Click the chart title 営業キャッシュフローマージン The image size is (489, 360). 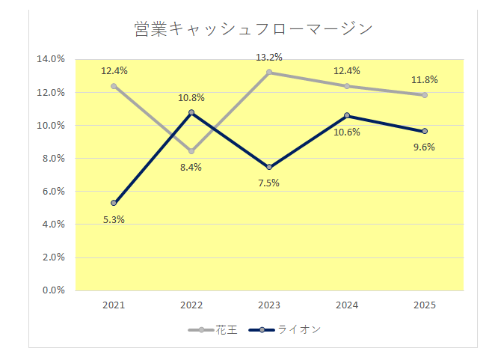click(253, 29)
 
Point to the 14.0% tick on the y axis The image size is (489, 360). click(51, 59)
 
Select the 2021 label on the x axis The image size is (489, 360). click(114, 305)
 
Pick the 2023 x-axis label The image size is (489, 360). click(269, 305)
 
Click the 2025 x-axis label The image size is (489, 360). click(425, 305)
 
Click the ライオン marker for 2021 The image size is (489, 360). click(114, 203)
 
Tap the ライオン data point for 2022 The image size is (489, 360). click(191, 112)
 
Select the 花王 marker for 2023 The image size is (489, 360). click(269, 73)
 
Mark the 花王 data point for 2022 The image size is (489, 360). click(191, 151)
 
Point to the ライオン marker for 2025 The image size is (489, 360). click(425, 131)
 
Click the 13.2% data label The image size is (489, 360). click(269, 57)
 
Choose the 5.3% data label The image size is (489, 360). click(114, 219)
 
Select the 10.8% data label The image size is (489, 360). click(191, 97)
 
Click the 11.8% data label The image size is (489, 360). click(425, 79)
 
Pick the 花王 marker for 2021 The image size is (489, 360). click(114, 86)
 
